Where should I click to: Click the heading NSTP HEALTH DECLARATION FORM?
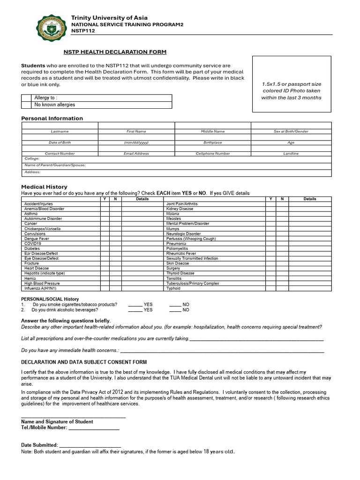point(115,52)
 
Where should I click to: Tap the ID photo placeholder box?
point(291,84)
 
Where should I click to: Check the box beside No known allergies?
point(27,105)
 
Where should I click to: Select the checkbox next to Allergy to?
point(27,97)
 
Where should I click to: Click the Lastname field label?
point(60,132)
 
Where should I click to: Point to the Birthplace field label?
point(213,142)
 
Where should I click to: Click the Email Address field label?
point(136,154)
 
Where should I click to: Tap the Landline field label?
point(291,154)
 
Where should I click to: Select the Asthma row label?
point(31,214)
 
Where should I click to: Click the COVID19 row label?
point(33,244)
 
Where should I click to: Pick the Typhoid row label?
point(173,288)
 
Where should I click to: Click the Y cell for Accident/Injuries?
point(104,204)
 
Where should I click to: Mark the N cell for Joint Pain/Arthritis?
point(282,204)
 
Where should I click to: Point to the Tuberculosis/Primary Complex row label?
point(193,283)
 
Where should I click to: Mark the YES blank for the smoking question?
point(135,305)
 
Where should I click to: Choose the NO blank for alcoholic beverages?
point(175,310)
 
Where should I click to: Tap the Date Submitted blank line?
point(90,445)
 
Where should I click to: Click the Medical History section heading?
point(44,187)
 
